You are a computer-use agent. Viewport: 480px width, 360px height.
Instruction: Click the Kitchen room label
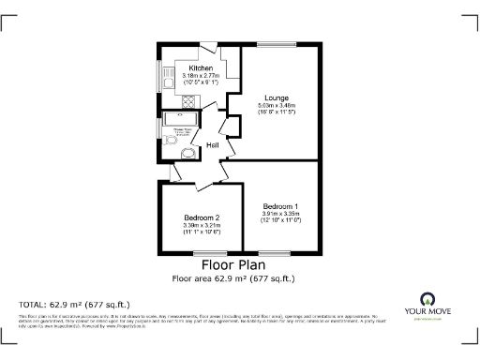(200, 69)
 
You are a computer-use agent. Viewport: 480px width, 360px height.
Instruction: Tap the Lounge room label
(276, 97)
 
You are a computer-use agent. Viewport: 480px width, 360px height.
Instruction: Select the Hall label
(213, 143)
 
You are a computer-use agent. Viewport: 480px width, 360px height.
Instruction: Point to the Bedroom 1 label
(280, 206)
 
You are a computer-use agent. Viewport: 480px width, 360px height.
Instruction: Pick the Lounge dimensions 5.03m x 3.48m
(276, 106)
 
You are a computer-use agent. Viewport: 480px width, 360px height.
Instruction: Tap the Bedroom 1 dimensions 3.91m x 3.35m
(280, 214)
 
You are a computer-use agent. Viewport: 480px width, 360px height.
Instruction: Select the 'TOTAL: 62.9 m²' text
(75, 305)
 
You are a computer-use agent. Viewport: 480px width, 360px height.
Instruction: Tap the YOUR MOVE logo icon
(427, 300)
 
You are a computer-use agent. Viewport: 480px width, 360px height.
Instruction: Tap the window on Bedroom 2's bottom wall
(200, 253)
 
